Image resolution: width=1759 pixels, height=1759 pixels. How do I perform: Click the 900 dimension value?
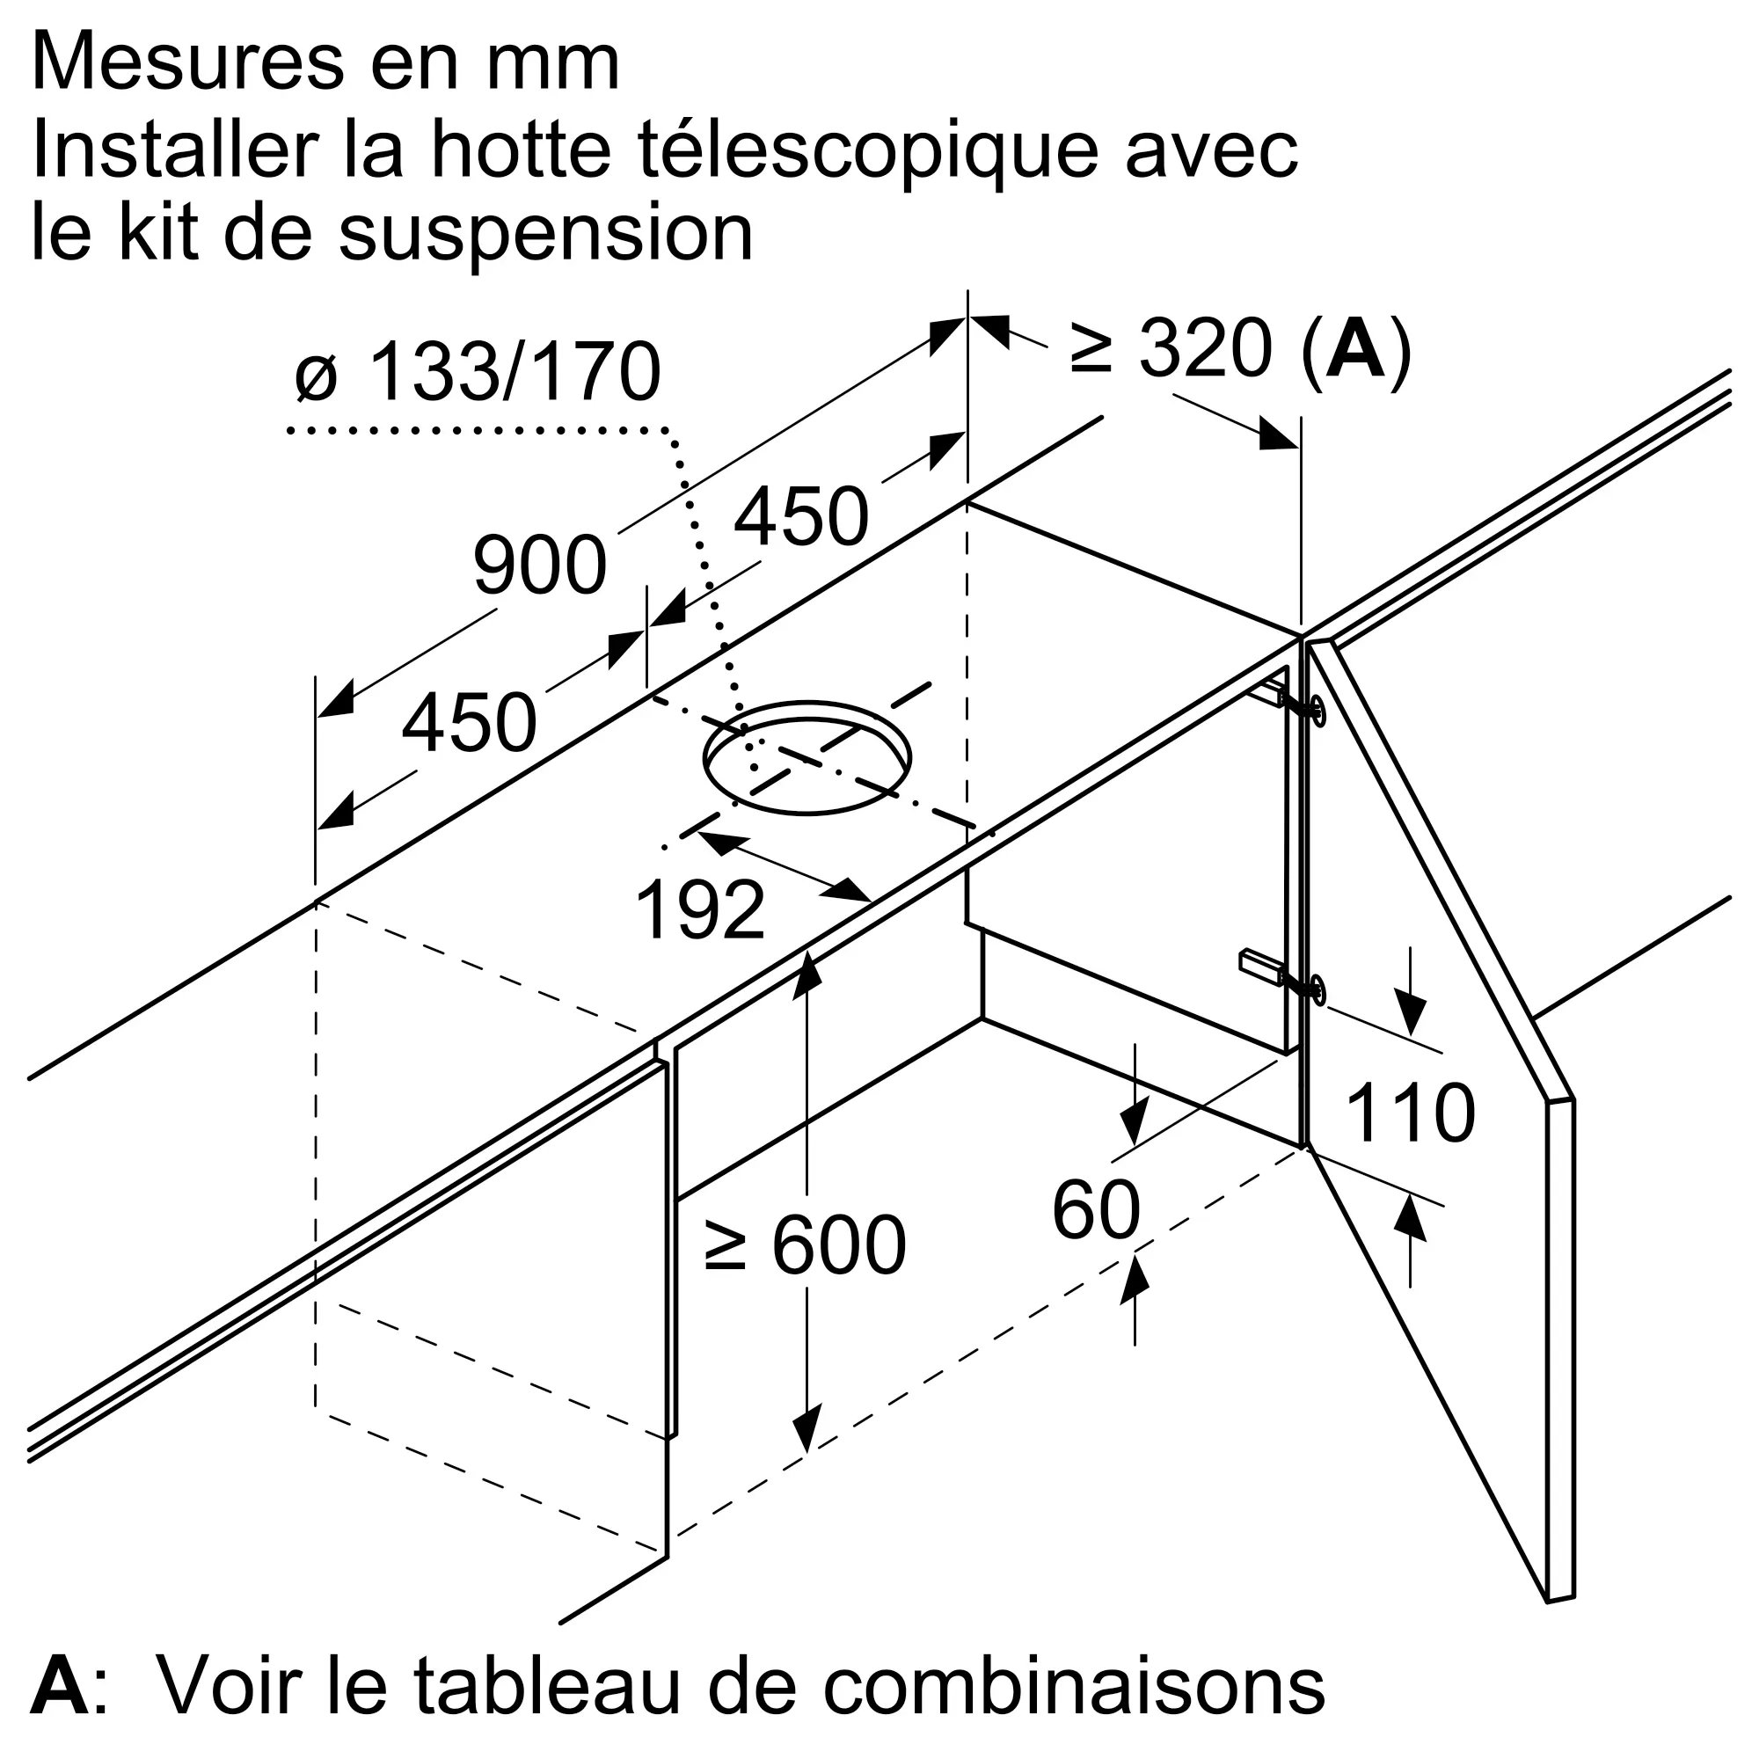point(540,566)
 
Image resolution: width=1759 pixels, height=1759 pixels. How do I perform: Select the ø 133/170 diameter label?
point(478,372)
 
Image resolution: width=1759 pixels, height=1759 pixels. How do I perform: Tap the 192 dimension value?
point(699,910)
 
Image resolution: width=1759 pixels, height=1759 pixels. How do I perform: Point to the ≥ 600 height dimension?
point(805,1245)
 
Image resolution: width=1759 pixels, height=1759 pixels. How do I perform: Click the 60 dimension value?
point(1095,1211)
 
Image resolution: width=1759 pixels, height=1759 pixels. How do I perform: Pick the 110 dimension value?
point(1409,1113)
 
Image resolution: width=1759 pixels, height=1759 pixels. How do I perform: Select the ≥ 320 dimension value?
point(1171,348)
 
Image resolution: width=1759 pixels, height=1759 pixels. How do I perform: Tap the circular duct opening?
point(807,757)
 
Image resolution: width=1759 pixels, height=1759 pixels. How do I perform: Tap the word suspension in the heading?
point(545,233)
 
